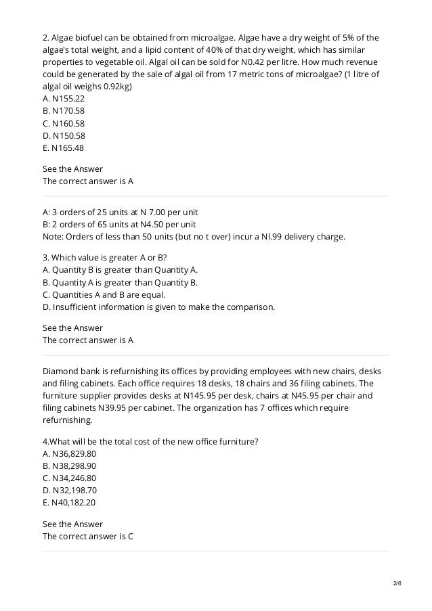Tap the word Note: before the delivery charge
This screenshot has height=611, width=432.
click(x=53, y=237)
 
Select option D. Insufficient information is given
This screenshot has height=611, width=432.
click(x=158, y=307)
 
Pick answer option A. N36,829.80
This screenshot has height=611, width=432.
click(x=69, y=453)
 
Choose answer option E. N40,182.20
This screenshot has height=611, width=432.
click(x=69, y=503)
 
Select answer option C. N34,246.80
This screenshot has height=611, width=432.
click(x=69, y=478)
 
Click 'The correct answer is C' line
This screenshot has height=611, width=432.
click(x=87, y=537)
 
